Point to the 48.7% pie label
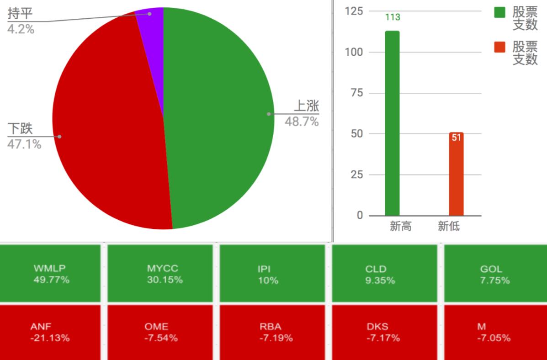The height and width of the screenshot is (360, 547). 302,122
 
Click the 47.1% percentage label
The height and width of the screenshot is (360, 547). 24,144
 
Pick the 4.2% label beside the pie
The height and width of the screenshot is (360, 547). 21,29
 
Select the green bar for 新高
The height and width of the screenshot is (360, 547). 392,123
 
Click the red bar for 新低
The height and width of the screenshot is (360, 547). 456,176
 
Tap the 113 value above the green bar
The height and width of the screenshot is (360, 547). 393,17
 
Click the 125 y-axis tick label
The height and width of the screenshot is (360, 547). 353,11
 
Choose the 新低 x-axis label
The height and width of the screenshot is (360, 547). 448,226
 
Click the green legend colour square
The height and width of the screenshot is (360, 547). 500,12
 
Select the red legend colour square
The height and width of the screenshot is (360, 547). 500,47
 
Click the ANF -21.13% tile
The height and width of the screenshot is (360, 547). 50,332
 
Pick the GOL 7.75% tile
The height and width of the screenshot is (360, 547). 494,274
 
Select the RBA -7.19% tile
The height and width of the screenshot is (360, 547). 272,332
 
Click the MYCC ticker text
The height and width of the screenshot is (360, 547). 162,269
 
